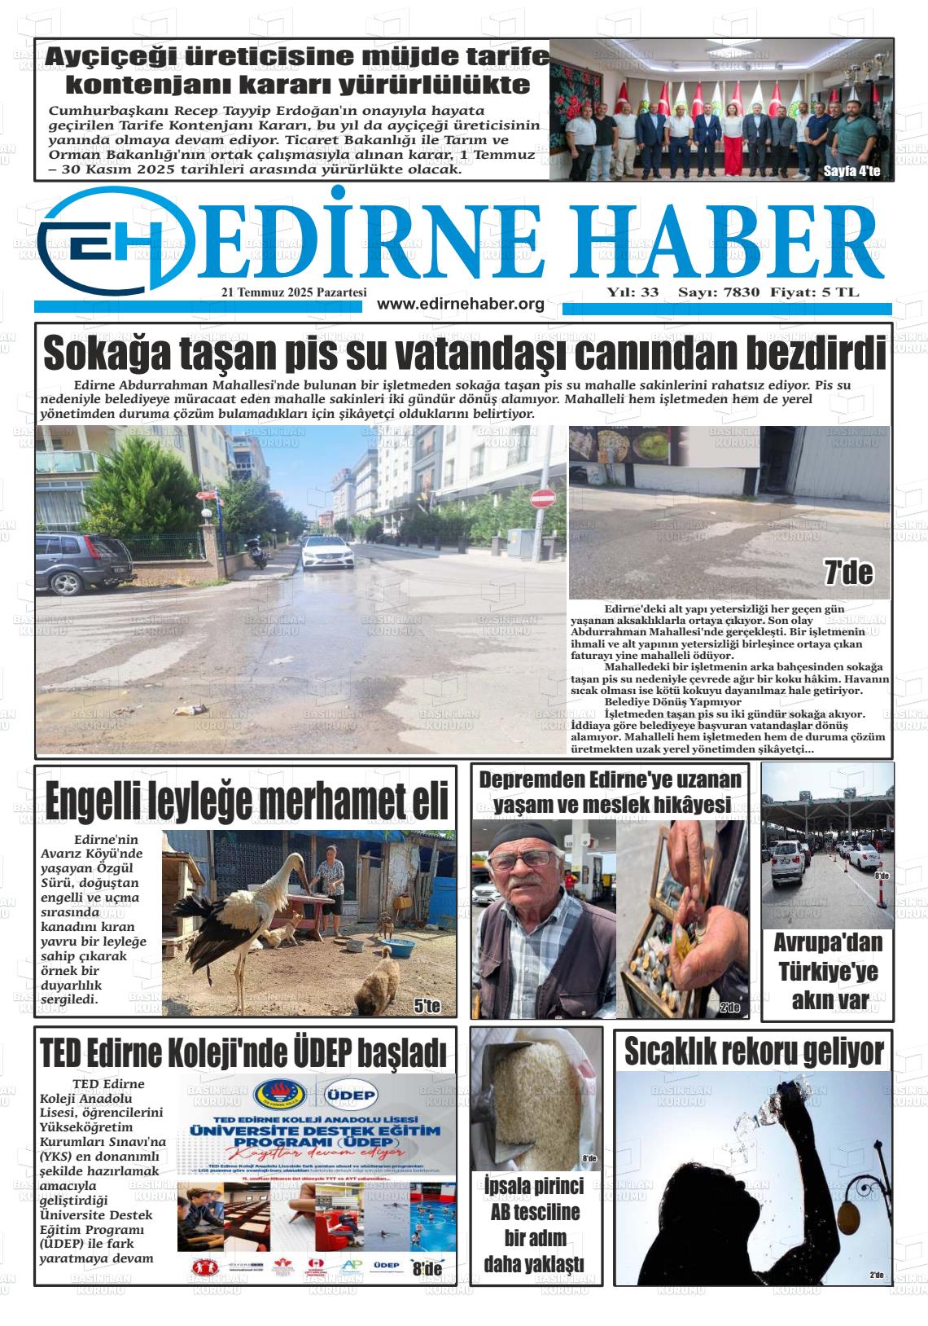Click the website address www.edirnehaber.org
(x=461, y=304)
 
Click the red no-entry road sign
(x=542, y=498)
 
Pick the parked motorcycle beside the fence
(x=257, y=554)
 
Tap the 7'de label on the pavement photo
(x=848, y=573)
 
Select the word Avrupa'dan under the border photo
(x=827, y=943)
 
